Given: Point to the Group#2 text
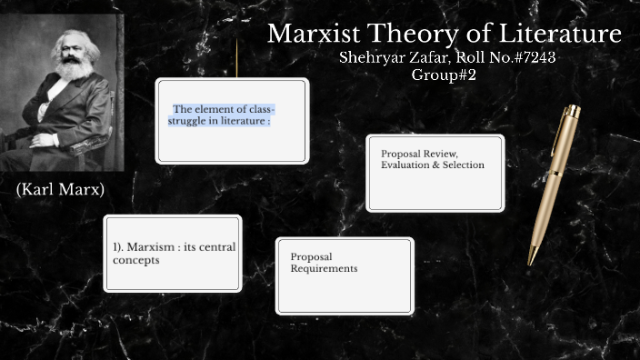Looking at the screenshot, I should [444, 75].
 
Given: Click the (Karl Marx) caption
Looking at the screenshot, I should [60, 190].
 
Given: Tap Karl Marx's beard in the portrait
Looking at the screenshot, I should [71, 74].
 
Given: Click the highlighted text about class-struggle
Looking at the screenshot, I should [224, 115].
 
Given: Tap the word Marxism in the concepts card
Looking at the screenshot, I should [150, 246].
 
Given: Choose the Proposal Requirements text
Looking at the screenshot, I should [324, 262].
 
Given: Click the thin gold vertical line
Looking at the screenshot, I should [237, 58].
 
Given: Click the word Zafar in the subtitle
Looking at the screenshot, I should [428, 57].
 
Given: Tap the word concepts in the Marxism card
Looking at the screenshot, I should [135, 260].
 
